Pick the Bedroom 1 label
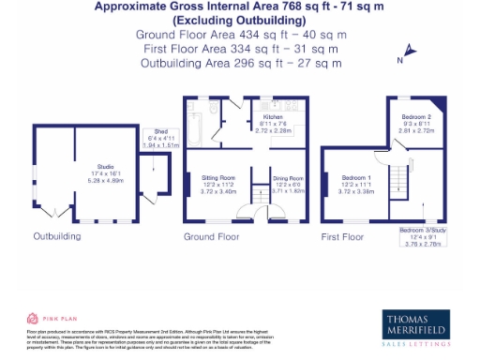(356, 182)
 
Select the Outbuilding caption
(59, 237)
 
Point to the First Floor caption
(341, 237)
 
